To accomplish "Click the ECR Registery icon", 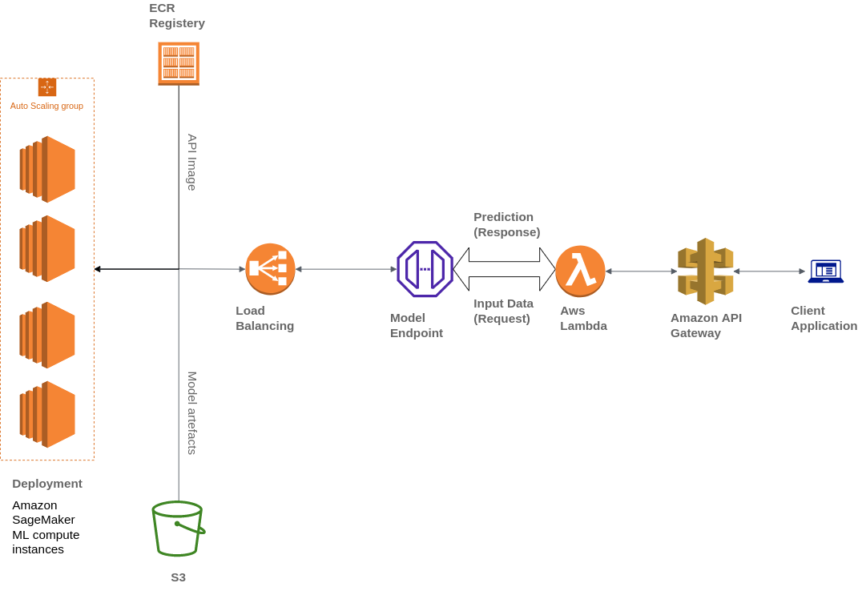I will (179, 63).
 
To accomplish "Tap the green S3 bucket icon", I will (178, 529).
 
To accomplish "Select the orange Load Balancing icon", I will (270, 269).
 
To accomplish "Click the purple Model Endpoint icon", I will (425, 269).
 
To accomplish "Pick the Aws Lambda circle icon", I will (580, 271).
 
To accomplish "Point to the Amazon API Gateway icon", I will (705, 271).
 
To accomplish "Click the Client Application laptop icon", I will (825, 271).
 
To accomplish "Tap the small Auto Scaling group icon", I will (47, 87).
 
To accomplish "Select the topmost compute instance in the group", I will (47, 169).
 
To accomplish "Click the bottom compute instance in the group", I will (47, 414).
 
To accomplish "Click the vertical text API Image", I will (192, 162).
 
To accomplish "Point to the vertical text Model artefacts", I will (192, 412).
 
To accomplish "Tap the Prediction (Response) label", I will (506, 224).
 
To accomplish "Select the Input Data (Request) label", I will (503, 311).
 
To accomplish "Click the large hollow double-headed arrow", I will (504, 269).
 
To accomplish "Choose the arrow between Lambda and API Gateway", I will (641, 271).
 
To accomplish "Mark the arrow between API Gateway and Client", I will (769, 271).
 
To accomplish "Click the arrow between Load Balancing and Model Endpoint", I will (346, 269).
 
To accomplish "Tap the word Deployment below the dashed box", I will (47, 484).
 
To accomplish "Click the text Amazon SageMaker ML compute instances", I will (46, 527).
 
